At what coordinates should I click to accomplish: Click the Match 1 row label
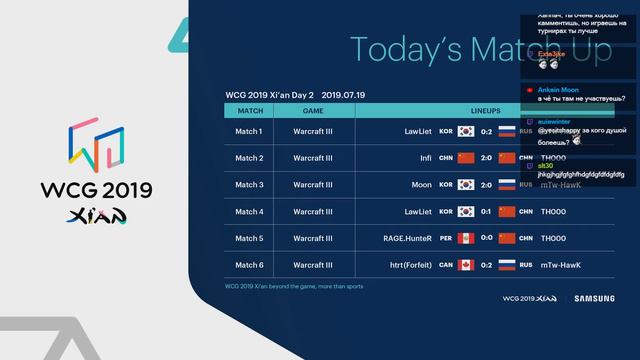click(249, 131)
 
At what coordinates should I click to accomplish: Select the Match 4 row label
click(249, 211)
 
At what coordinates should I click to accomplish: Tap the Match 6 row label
click(249, 265)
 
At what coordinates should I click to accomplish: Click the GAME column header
click(313, 110)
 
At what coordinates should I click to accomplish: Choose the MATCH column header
click(249, 110)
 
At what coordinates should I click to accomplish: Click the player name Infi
click(425, 158)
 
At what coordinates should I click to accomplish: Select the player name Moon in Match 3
click(422, 185)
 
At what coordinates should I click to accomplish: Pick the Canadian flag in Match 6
click(465, 265)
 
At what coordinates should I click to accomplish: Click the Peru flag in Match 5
click(465, 238)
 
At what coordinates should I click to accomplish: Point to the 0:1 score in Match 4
click(486, 211)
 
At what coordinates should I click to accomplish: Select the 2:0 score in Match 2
click(486, 158)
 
